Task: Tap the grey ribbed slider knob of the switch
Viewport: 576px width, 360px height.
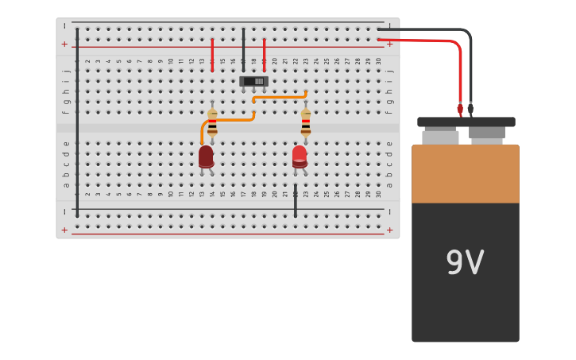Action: pyautogui.click(x=258, y=81)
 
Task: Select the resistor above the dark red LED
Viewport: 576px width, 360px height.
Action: pyautogui.click(x=212, y=124)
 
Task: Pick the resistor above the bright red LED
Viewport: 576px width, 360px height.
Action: pyautogui.click(x=305, y=124)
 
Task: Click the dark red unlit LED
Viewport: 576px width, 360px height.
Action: pyautogui.click(x=206, y=156)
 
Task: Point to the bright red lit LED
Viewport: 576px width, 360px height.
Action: pyautogui.click(x=300, y=156)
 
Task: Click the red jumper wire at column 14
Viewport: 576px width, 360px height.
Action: pyautogui.click(x=212, y=54)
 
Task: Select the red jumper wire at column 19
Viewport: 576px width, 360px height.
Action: pyautogui.click(x=264, y=54)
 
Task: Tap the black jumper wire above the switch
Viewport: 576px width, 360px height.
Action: pyautogui.click(x=243, y=49)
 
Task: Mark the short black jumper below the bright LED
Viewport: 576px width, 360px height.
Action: pyautogui.click(x=295, y=200)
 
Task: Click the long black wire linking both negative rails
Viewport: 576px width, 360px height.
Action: pyautogui.click(x=77, y=119)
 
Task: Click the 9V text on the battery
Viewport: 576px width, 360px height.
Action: pyautogui.click(x=465, y=263)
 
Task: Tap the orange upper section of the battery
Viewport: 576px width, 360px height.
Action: pyautogui.click(x=465, y=173)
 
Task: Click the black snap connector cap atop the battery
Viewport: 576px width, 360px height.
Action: pyautogui.click(x=466, y=122)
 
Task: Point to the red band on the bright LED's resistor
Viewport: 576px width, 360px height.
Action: pyautogui.click(x=305, y=121)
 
